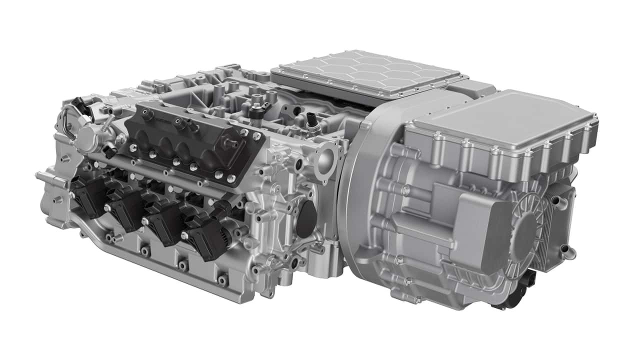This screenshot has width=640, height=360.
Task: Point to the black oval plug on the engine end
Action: coord(306,220)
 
